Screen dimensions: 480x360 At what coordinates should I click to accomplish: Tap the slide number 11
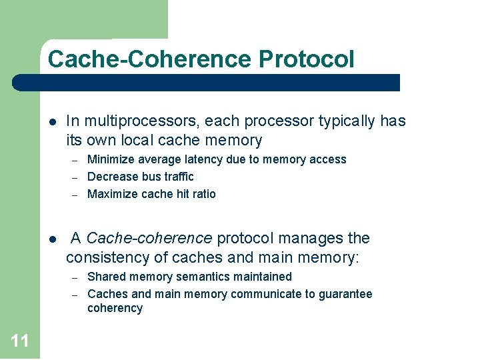tap(20, 341)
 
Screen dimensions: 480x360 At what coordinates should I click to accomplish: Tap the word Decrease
tap(113, 177)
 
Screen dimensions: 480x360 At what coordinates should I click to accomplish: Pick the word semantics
tap(201, 277)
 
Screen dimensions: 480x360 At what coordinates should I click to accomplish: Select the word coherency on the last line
tap(115, 308)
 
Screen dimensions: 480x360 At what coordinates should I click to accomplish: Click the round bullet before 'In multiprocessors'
tap(52, 122)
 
